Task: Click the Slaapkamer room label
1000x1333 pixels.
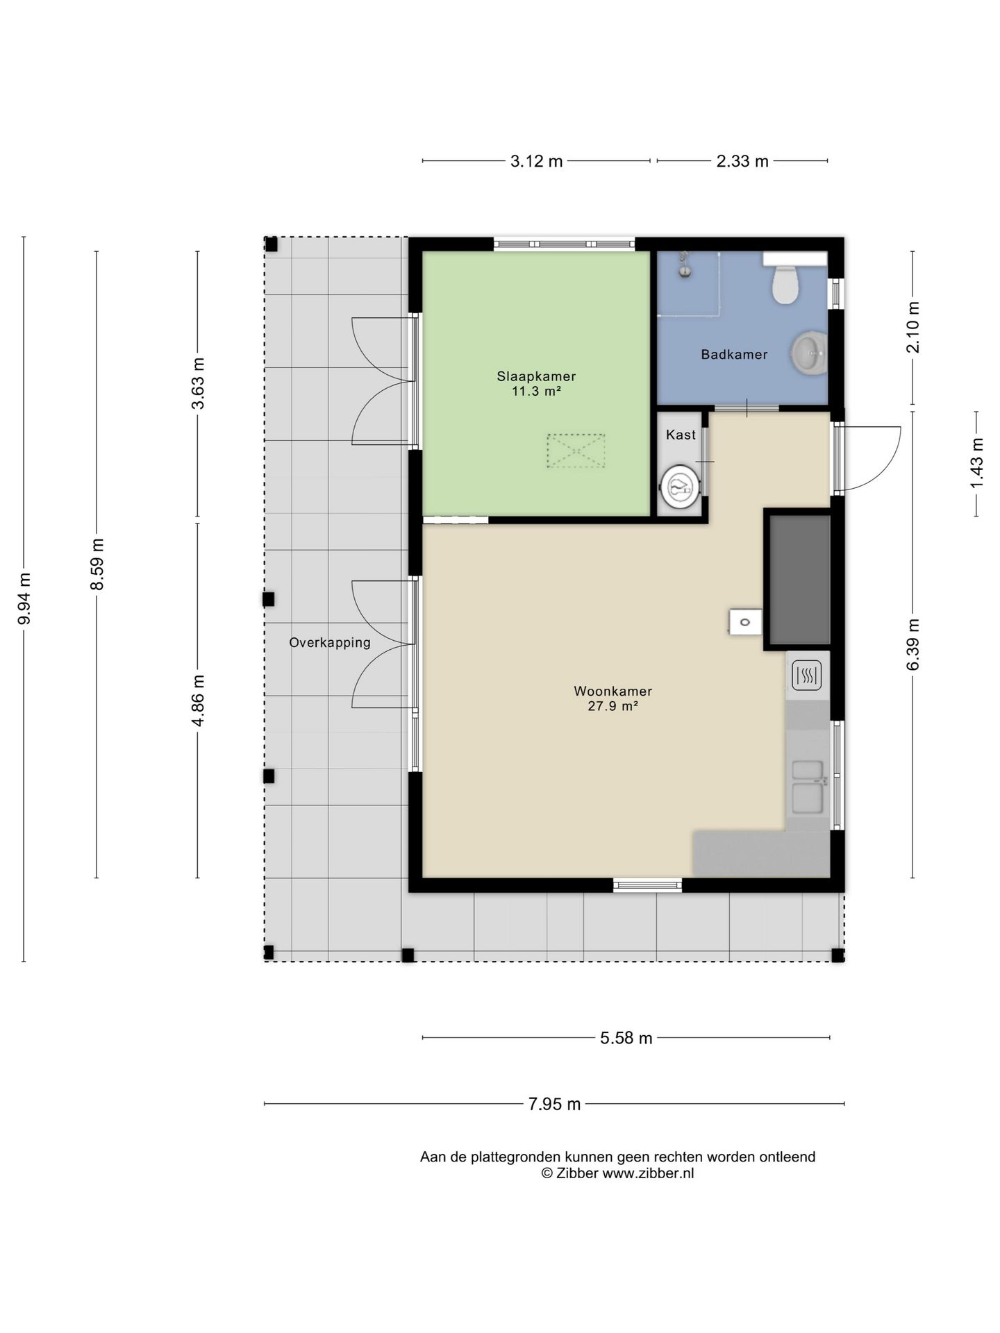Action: click(536, 376)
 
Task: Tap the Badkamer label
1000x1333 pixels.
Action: click(734, 355)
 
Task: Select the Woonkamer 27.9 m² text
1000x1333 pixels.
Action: click(612, 699)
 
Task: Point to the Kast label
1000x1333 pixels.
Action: click(681, 435)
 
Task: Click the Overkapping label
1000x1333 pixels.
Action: click(330, 643)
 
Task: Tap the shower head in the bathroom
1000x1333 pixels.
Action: click(685, 265)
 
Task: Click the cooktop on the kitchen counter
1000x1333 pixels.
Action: click(807, 674)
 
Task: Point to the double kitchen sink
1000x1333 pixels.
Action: click(808, 787)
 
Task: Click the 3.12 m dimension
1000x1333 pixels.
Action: click(536, 162)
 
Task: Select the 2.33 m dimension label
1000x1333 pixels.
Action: click(742, 162)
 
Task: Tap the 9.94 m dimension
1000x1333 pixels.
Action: click(24, 598)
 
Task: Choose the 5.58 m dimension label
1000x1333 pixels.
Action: click(626, 1038)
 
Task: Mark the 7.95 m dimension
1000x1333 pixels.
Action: click(554, 1104)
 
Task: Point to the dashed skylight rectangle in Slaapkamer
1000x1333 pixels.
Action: click(576, 451)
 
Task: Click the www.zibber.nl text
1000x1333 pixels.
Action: click(648, 1174)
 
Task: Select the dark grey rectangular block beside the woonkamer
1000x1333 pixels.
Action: click(798, 579)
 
